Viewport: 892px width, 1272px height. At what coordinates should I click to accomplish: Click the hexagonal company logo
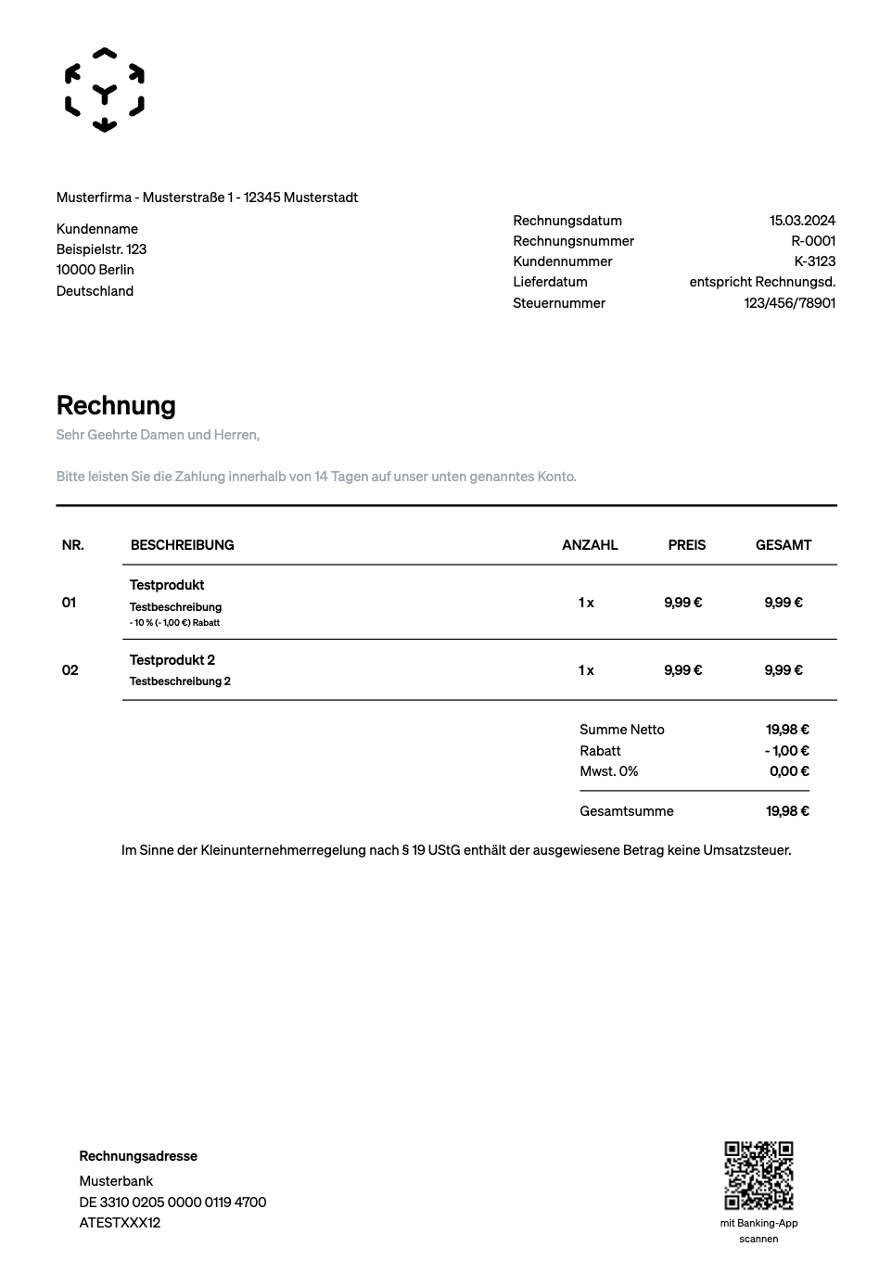click(x=105, y=90)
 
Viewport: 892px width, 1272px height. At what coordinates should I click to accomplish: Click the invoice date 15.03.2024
click(x=802, y=221)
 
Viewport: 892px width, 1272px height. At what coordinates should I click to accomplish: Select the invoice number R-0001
click(x=813, y=241)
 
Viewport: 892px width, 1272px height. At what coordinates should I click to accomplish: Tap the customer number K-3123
click(x=814, y=261)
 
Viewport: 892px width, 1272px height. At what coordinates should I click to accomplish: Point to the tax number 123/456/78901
click(x=789, y=303)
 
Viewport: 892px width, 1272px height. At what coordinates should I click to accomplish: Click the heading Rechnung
click(x=116, y=405)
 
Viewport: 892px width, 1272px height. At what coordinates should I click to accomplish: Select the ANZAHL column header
click(x=590, y=545)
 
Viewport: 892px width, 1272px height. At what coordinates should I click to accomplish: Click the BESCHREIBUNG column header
click(x=183, y=545)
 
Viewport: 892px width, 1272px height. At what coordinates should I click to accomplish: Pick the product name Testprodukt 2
click(x=172, y=660)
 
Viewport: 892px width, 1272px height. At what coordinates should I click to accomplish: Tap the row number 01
click(x=70, y=603)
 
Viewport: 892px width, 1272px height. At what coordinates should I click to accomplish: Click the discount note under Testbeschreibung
click(x=175, y=623)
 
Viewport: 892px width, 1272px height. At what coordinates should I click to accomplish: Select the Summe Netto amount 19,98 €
click(x=787, y=730)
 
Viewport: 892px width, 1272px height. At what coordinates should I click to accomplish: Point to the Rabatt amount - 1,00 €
click(x=786, y=751)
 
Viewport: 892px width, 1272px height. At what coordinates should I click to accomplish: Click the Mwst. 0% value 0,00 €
click(x=789, y=771)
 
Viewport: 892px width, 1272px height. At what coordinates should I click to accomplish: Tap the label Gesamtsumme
click(x=627, y=811)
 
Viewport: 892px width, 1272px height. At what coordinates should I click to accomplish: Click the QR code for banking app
click(x=758, y=1176)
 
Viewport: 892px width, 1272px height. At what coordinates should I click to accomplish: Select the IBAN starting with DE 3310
click(x=172, y=1202)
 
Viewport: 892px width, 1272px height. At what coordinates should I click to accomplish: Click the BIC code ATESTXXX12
click(x=120, y=1223)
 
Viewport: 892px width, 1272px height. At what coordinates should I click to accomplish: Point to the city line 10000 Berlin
click(x=96, y=270)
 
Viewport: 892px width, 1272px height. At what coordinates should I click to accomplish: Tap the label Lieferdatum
click(x=550, y=282)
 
